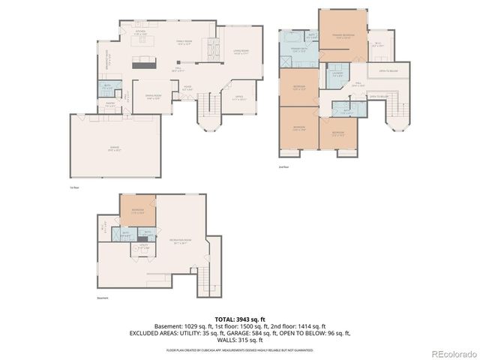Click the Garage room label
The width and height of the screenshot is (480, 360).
(x=114, y=148)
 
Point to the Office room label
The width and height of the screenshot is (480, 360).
(x=239, y=97)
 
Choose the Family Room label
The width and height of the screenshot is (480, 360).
(x=184, y=43)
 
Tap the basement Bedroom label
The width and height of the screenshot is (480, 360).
(x=137, y=210)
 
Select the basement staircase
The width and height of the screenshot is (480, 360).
(x=205, y=281)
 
